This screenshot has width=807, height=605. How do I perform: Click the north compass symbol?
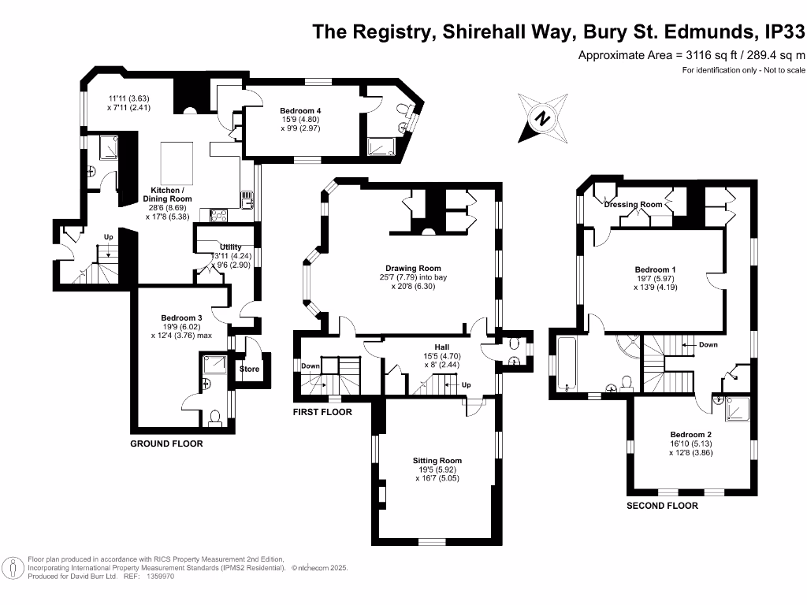click(x=542, y=118)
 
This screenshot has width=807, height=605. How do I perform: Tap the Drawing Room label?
click(x=418, y=268)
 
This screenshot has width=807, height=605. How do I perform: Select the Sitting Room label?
click(x=437, y=461)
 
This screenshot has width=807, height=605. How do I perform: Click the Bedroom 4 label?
click(x=299, y=110)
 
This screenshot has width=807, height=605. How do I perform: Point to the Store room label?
click(x=249, y=369)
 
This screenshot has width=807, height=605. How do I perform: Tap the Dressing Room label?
click(x=633, y=205)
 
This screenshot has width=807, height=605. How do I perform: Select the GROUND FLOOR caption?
click(x=166, y=444)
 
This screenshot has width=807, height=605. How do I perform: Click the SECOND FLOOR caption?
click(x=662, y=506)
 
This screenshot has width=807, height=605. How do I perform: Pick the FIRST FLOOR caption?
click(x=322, y=412)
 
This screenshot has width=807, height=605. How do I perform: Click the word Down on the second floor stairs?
click(x=708, y=345)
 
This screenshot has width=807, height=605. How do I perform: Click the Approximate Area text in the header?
click(x=691, y=55)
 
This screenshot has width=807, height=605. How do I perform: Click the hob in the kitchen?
click(x=218, y=214)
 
